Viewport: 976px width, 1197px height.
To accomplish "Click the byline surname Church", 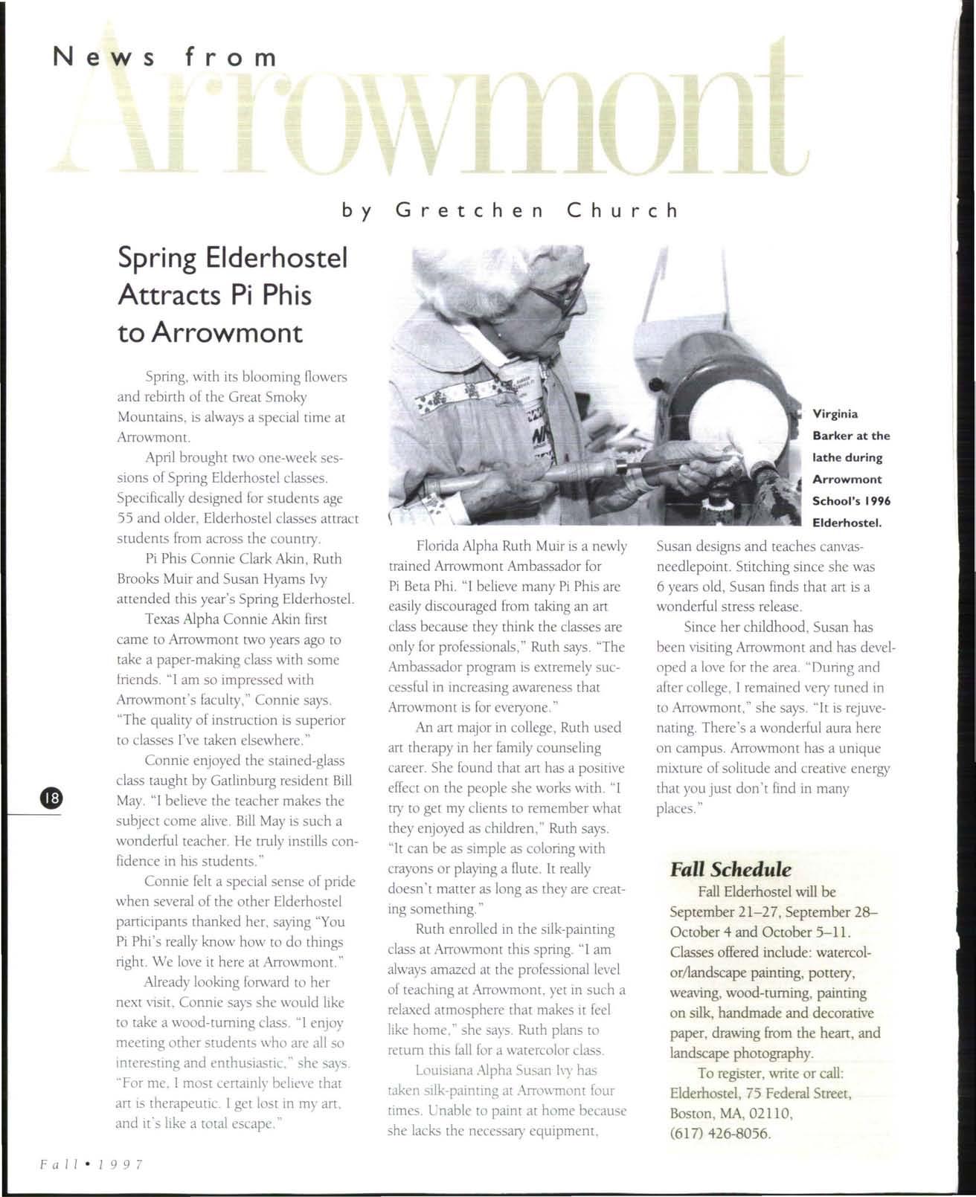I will (x=623, y=210).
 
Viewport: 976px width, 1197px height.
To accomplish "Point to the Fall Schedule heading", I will (x=730, y=869).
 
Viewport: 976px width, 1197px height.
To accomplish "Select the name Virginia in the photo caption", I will (x=835, y=414).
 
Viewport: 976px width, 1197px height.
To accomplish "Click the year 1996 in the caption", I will (x=877, y=501).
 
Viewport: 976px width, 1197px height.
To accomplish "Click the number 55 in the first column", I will (x=126, y=518).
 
